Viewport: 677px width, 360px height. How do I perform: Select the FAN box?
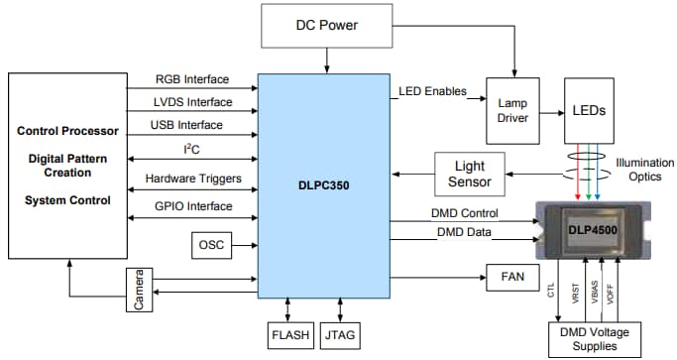pos(511,277)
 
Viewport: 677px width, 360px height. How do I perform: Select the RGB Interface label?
pos(191,80)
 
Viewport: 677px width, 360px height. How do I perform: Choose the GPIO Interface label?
pos(193,206)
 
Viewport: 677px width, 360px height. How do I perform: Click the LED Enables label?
pos(432,92)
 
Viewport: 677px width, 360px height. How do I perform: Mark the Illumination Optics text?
pos(644,170)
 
